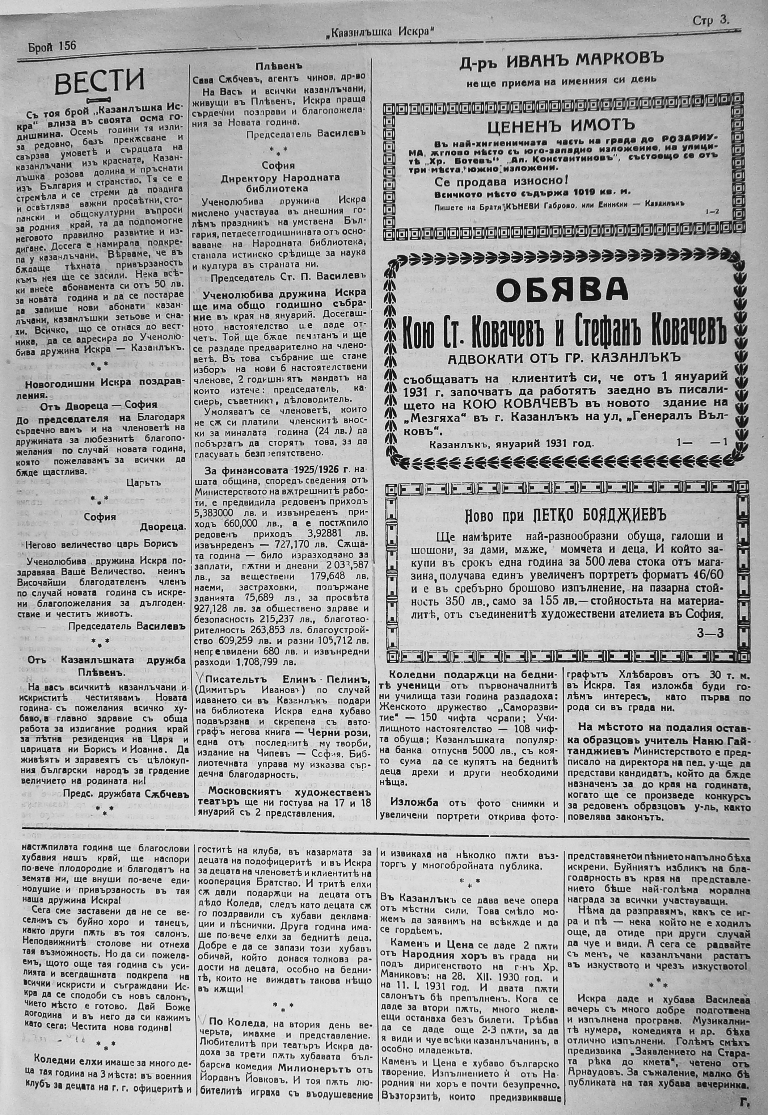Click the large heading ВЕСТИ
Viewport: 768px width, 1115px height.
click(99, 82)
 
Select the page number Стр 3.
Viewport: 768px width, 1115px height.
click(711, 20)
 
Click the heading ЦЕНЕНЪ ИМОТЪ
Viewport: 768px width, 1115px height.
click(558, 127)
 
